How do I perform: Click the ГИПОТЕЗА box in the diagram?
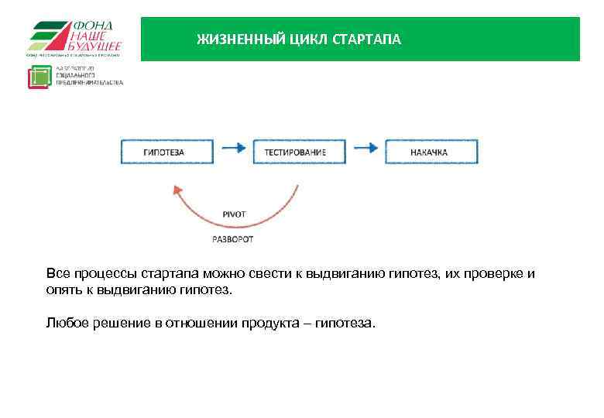[x=163, y=152]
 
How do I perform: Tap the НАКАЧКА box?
[x=431, y=152]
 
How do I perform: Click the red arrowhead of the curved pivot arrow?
[x=177, y=190]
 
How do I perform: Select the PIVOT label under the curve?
[x=233, y=214]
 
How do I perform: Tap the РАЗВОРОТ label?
[x=233, y=239]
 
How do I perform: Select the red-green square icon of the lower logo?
[x=39, y=77]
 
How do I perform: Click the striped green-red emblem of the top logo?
[x=49, y=36]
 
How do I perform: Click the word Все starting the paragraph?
[x=58, y=274]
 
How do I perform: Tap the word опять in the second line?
[x=63, y=290]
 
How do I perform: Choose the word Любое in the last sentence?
[x=67, y=323]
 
